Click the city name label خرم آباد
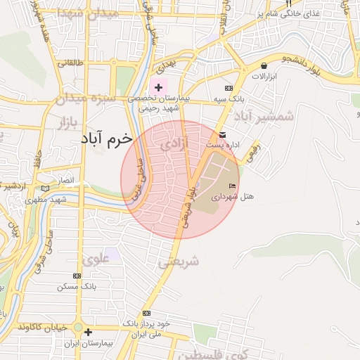[x=102, y=140]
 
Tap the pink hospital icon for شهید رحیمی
[x=159, y=88]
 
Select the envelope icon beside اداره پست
[x=223, y=135]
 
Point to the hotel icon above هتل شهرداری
[x=233, y=184]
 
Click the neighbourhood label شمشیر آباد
[x=263, y=116]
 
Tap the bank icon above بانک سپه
[x=228, y=88]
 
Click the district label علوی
[x=96, y=259]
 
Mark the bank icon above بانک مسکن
[x=77, y=276]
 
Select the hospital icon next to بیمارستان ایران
[x=87, y=332]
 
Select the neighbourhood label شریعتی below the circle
[x=178, y=262]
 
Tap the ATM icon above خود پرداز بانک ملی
[x=146, y=313]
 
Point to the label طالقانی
[x=70, y=63]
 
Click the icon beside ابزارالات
[x=264, y=65]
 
